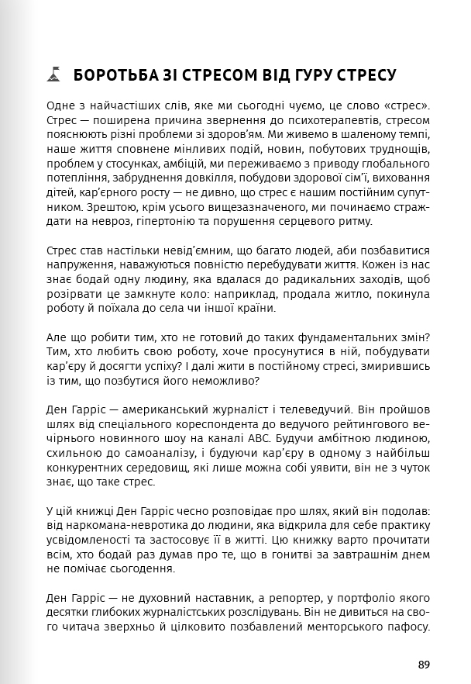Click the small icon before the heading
(53, 75)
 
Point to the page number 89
(423, 665)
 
